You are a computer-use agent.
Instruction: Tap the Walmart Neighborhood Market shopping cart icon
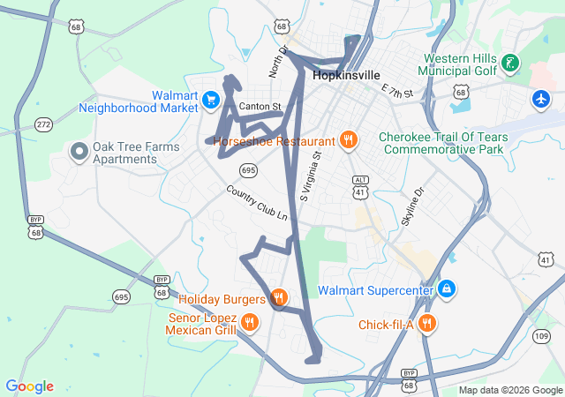210,100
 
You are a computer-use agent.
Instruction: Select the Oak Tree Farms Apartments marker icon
78,153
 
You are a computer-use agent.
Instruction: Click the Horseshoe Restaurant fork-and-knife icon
349,140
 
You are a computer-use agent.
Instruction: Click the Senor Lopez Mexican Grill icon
250,323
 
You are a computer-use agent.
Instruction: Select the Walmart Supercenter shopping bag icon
447,289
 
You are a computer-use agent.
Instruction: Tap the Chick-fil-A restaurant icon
427,323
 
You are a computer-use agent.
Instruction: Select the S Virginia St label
312,176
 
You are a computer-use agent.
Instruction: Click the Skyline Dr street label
412,206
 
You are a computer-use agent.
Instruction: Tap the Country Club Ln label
257,203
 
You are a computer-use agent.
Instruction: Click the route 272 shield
43,125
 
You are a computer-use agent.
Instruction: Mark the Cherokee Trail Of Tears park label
441,143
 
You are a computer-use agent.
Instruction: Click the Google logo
29,386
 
